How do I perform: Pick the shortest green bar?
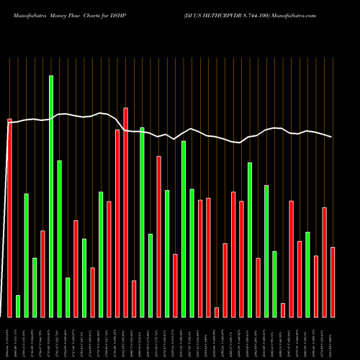(x=18, y=306)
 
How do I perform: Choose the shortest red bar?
(x=217, y=312)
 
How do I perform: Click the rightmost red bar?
(x=333, y=282)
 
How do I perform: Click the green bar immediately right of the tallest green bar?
(x=59, y=238)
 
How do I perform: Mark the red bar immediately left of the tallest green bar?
(x=42, y=274)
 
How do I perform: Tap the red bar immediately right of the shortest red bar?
(x=225, y=280)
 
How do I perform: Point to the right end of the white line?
(x=332, y=137)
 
